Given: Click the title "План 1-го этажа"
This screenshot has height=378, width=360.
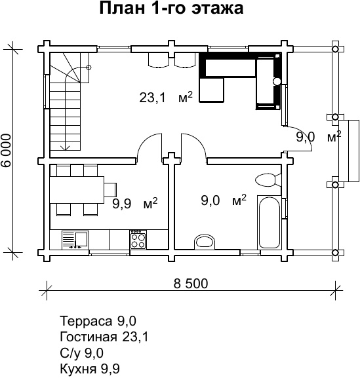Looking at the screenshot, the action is coord(171,9).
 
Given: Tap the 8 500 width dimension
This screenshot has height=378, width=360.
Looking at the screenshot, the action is coord(191,284).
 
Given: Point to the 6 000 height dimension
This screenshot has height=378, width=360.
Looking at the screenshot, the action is coord(6,151).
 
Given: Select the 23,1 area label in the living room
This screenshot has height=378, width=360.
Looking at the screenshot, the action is coord(153,98).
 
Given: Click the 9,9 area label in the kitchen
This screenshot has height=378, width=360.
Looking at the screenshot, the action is coord(122,204).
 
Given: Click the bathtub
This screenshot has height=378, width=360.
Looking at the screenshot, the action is coord(270,222).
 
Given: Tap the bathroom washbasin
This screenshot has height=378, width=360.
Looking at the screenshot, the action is coord(205,241).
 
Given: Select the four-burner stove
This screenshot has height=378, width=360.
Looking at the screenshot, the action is coord(138,240).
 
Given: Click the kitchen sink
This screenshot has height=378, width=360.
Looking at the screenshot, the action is coord(75,240).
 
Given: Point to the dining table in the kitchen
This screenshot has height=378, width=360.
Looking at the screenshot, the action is coord(77,190).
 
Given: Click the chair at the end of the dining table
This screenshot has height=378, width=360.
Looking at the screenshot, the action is coord(110,190).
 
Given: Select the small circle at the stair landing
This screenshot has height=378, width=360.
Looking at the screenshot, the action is coord(89,67).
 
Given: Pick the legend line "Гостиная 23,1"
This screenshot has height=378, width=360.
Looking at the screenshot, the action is coord(104,337).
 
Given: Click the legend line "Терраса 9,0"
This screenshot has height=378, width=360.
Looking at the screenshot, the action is coord(98,321).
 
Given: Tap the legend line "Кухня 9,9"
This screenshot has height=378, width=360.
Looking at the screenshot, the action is coord(90,369).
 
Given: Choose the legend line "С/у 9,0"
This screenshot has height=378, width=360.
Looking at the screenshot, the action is coord(81,353).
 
